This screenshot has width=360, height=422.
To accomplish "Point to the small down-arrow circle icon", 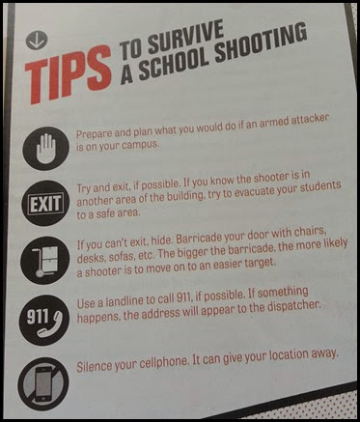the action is point(37,41).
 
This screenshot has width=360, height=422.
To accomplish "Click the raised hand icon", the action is point(46,149).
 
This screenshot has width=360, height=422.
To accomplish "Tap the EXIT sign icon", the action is point(45,204).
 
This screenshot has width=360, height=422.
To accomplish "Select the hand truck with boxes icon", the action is point(44,261).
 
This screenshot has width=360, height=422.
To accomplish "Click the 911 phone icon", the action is point(43,320).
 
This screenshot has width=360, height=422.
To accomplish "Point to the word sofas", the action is point(119,258).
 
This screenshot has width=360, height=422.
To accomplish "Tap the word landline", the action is point(126,301).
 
